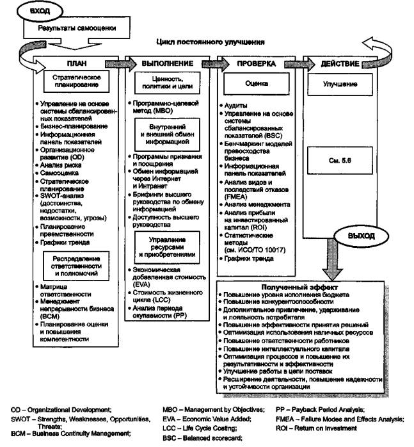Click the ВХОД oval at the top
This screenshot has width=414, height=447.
(x=41, y=10)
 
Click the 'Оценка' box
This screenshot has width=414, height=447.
(x=256, y=84)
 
